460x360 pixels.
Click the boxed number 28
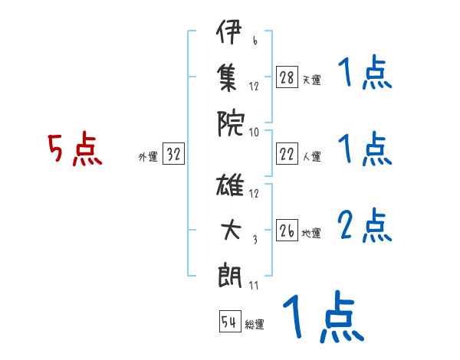tap(287, 77)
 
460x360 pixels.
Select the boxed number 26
tap(287, 231)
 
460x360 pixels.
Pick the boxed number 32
tap(173, 155)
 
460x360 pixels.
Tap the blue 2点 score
tap(363, 225)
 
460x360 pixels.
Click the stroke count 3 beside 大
tap(254, 240)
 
